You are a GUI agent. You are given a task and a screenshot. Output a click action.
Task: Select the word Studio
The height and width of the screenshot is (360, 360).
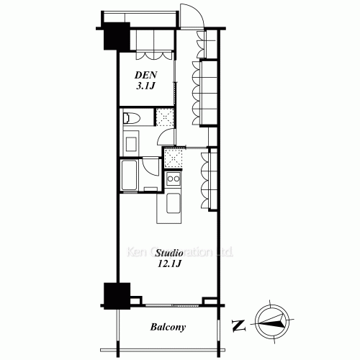coord(169,255)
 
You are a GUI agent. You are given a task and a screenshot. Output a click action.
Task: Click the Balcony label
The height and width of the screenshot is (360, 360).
coord(169,328)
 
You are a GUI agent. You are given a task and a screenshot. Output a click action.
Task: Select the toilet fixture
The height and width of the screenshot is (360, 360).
coord(133,118)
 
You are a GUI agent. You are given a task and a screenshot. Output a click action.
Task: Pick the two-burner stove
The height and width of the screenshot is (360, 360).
coord(173,179)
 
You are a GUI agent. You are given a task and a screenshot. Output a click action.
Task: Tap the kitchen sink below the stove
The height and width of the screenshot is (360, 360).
coord(174,203)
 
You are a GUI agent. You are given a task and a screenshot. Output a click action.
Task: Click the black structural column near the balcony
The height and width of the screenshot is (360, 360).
coord(116,296)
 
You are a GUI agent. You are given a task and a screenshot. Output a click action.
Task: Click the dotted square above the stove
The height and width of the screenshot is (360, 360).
coord(173,156)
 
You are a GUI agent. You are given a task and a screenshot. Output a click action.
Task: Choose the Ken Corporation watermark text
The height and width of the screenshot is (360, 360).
coord(180,253)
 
